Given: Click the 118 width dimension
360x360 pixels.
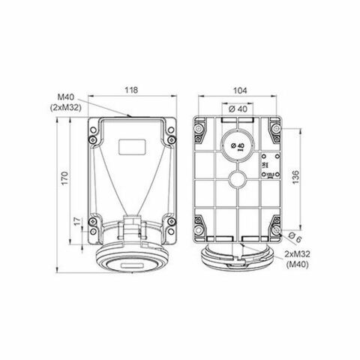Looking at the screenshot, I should tap(131, 90).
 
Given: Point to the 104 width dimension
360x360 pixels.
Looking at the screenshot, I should tap(238, 90).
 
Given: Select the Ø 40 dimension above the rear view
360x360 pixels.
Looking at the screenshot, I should tap(238, 110).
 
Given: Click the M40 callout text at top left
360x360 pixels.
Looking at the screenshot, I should tap(66, 96).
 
